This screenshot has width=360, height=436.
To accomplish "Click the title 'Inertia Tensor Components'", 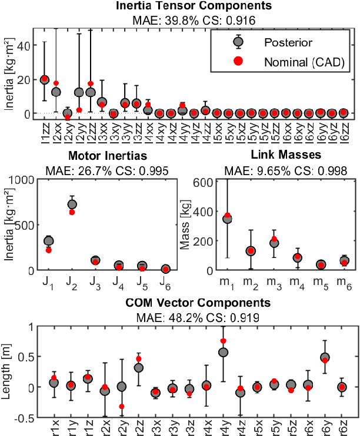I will click(194, 6).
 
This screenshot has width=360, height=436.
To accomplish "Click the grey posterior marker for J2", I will click(72, 204).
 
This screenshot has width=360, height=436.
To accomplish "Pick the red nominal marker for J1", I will click(48, 250).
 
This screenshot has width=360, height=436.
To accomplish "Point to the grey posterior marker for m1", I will click(227, 219).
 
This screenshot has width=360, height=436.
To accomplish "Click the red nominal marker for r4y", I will click(224, 341).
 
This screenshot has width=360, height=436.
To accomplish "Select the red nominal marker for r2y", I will click(122, 406).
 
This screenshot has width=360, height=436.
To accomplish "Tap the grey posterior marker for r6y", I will click(325, 357).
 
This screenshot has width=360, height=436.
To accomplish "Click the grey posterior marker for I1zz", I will click(45, 79).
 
